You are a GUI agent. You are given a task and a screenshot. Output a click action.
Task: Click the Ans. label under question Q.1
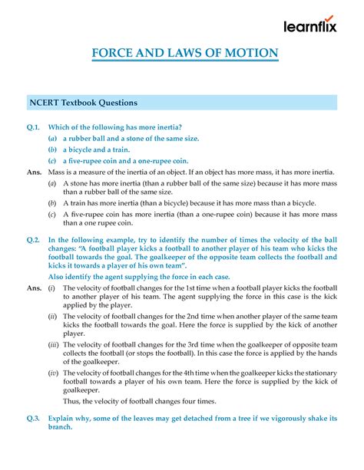34,173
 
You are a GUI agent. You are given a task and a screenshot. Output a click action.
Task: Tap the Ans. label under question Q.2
34,287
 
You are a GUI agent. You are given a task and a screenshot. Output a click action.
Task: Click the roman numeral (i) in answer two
51,287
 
